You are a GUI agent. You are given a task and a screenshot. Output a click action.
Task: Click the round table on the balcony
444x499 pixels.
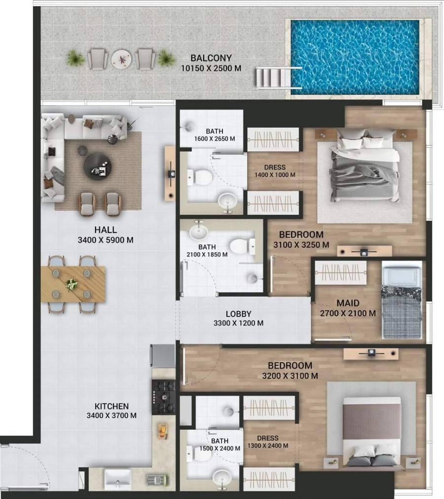click(x=120, y=59)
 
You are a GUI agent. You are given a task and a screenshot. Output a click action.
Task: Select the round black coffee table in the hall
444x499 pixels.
click(x=98, y=165)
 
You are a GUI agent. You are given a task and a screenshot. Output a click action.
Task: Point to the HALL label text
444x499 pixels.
click(x=105, y=230)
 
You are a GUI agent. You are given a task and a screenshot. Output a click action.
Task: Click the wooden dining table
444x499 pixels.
click(x=73, y=284)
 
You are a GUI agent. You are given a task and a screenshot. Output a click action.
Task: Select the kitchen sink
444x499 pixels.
click(x=117, y=478)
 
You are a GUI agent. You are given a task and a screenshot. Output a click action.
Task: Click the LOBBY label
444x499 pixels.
click(x=239, y=314)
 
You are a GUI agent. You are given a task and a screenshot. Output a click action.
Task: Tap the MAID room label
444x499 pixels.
click(x=348, y=303)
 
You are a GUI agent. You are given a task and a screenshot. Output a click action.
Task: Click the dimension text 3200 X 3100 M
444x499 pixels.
click(x=290, y=376)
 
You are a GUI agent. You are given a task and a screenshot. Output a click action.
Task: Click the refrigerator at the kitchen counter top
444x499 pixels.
click(x=163, y=355)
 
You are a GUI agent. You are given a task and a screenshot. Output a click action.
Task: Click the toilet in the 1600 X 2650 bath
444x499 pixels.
click(x=200, y=176)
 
